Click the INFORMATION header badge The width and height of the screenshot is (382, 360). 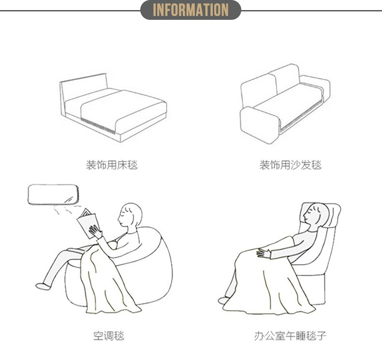tap(191, 10)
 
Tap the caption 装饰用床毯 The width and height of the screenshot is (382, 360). tap(112, 165)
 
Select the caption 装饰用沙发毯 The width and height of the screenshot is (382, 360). tap(290, 165)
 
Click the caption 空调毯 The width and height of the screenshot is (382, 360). tap(108, 335)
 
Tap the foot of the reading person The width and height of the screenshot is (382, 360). tap(44, 286)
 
